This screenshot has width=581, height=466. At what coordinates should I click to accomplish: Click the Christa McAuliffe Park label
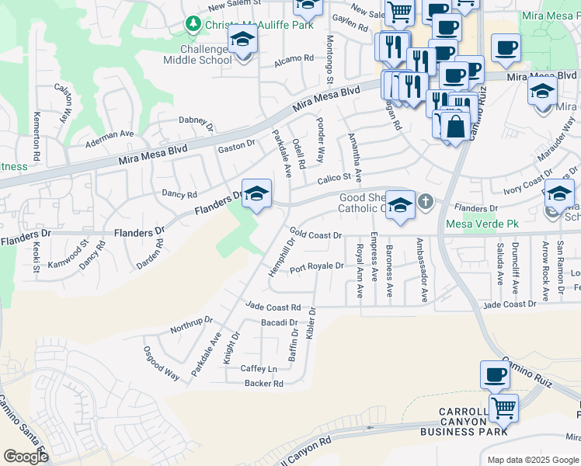click(x=249, y=25)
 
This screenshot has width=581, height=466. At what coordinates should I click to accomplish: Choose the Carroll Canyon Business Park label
click(x=464, y=421)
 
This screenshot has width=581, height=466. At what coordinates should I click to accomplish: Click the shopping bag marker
click(x=455, y=126)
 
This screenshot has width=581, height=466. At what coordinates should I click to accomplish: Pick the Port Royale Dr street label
click(x=316, y=267)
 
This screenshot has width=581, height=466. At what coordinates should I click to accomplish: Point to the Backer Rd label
click(x=263, y=384)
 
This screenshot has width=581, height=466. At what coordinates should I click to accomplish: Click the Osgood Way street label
click(x=162, y=363)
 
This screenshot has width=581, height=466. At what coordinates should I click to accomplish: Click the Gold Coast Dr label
click(x=316, y=233)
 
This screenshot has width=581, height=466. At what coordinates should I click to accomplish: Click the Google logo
click(x=26, y=457)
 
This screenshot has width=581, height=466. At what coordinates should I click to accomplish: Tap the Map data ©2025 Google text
click(x=532, y=460)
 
